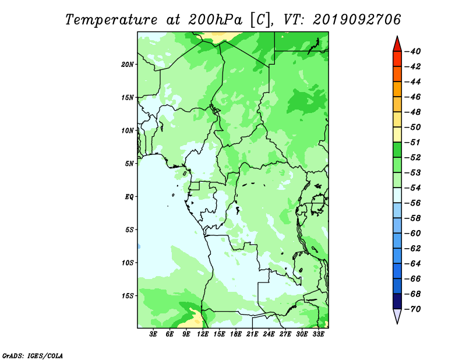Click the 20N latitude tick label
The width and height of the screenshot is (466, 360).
click(128, 65)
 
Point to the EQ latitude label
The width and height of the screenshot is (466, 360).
click(129, 197)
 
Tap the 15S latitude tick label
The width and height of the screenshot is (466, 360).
click(128, 296)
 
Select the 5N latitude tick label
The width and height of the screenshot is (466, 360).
click(129, 164)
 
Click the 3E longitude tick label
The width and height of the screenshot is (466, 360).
click(153, 334)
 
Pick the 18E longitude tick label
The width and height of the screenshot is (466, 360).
click(236, 334)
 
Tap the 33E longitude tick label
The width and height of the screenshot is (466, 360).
click(318, 334)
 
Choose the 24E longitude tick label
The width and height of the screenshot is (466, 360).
click(269, 334)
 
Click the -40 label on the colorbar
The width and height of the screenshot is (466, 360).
click(413, 51)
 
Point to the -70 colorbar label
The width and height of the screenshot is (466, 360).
click(413, 309)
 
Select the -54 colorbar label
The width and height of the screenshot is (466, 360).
click(413, 188)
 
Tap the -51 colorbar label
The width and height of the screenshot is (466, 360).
click(413, 142)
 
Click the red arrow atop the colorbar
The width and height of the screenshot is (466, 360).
click(397, 44)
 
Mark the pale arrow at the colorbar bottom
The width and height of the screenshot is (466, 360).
click(397, 316)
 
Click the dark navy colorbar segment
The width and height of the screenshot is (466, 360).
click(397, 301)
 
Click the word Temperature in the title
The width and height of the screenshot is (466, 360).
click(111, 20)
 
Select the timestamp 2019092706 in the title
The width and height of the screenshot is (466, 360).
click(356, 20)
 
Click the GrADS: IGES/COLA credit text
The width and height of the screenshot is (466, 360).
click(33, 355)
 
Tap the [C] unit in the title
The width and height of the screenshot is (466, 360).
click(260, 20)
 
